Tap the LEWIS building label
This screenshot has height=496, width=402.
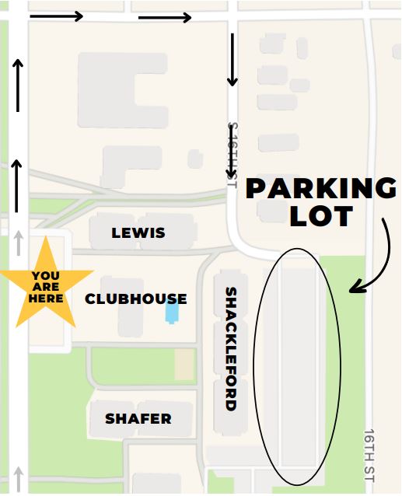tap(138, 232)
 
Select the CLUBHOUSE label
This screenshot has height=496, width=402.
tap(136, 299)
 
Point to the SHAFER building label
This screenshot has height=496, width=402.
tap(138, 419)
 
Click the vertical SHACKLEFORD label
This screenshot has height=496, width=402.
tap(231, 348)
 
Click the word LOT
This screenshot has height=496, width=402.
tap(321, 216)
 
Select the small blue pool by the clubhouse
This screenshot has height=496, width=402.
tap(172, 313)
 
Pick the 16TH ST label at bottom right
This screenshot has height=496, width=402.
tap(369, 455)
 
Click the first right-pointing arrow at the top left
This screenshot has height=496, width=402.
tap(56, 16)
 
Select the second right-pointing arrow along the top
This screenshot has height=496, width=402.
tap(164, 17)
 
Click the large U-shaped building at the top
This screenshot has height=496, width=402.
tap(123, 89)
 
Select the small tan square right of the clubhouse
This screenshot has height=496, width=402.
tap(184, 364)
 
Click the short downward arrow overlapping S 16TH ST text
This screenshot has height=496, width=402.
tap(231, 165)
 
